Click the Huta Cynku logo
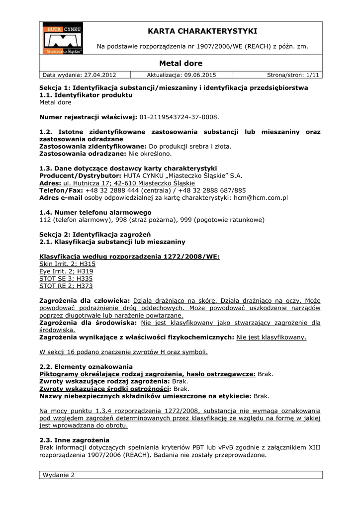62,38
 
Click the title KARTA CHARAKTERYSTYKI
202,31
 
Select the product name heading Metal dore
181,63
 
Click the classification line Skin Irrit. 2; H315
67,263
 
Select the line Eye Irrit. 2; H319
66,271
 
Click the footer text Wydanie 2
58,475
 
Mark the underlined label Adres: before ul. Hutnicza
50,183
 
